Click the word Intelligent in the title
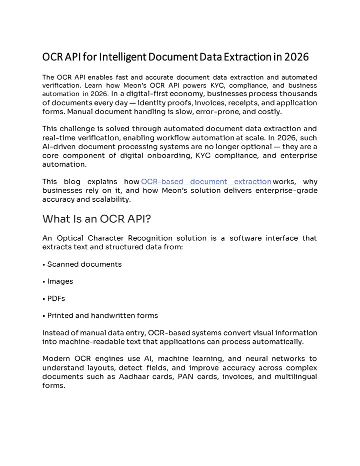point(122,57)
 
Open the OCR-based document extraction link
point(206,182)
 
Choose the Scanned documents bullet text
point(84,264)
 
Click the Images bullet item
point(60,281)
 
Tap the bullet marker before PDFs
point(44,299)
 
